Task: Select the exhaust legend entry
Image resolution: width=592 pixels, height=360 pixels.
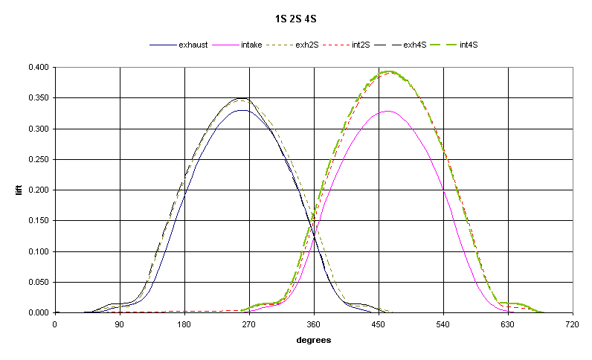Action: point(193,45)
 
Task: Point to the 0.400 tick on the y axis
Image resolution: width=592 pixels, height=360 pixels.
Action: point(38,68)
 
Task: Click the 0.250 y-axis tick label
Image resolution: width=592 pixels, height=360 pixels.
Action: point(38,160)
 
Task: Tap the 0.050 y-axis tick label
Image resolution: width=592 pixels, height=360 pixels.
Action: point(38,283)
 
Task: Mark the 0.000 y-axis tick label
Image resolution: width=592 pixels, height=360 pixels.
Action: point(38,313)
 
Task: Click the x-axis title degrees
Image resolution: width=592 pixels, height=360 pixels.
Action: point(313,340)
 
